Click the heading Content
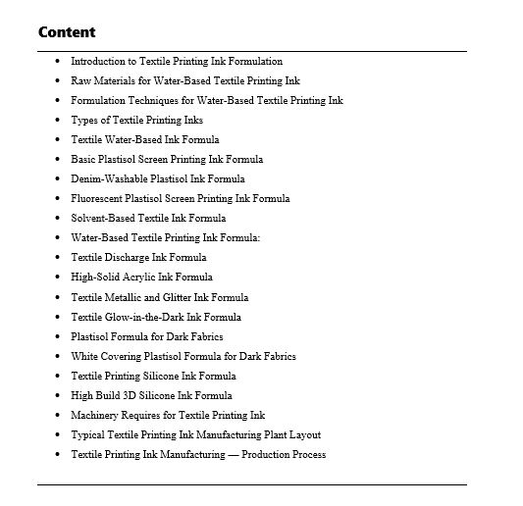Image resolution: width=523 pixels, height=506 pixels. coord(67,32)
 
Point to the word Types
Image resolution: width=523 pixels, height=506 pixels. coord(83,120)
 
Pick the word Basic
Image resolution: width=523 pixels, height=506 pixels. coord(82,159)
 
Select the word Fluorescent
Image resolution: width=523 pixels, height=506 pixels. coord(95,198)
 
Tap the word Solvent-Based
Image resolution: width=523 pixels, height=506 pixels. coord(100,218)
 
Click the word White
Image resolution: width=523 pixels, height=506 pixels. coord(83,356)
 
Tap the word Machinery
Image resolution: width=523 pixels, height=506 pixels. coord(94,415)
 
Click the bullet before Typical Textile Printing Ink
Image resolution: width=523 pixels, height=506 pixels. coord(57,434)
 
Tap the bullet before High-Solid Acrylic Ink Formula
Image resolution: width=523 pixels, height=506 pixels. coord(57,278)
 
